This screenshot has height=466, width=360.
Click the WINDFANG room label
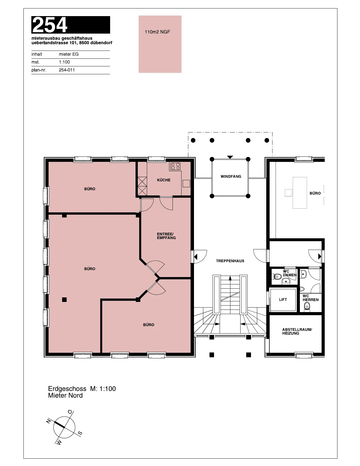pyautogui.click(x=231, y=177)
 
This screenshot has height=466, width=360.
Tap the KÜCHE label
pyautogui.click(x=163, y=180)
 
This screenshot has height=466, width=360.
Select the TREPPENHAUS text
pyautogui.click(x=230, y=261)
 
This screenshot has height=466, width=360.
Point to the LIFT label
pyautogui.click(x=283, y=300)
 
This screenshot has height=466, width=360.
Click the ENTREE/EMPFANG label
pyautogui.click(x=166, y=236)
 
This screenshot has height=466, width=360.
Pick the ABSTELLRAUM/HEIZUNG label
pyautogui.click(x=297, y=331)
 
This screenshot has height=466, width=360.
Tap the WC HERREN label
pyautogui.click(x=311, y=298)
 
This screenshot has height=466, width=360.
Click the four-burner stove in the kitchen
pyautogui.click(x=175, y=166)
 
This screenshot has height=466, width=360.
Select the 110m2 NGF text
pyautogui.click(x=157, y=32)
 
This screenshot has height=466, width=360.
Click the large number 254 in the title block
pyautogui.click(x=50, y=25)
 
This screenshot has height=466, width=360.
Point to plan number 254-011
pyautogui.click(x=67, y=70)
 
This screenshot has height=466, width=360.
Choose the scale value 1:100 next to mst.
pyautogui.click(x=64, y=62)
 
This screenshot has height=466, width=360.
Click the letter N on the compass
pyautogui.click(x=49, y=421)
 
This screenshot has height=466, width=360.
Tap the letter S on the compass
pyautogui.click(x=80, y=434)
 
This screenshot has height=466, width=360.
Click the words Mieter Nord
pyautogui.click(x=66, y=395)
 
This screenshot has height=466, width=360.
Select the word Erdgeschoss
pyautogui.click(x=67, y=389)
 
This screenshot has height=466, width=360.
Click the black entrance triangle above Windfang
pyautogui.click(x=230, y=157)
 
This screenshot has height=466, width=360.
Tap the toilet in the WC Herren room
pyautogui.click(x=307, y=306)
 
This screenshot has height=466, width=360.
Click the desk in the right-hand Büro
pyautogui.click(x=300, y=193)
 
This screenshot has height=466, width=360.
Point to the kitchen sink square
pyautogui.click(x=186, y=184)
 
